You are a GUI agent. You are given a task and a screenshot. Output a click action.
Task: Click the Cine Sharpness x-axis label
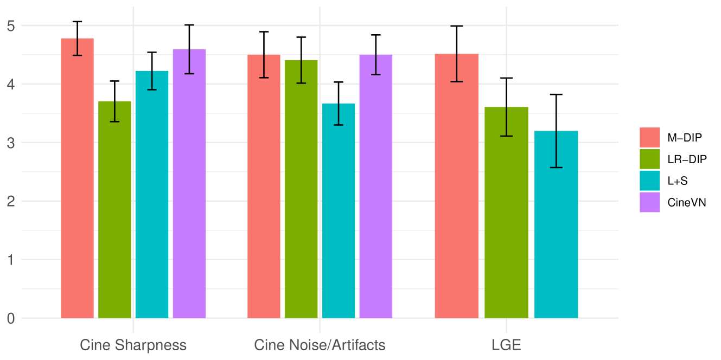pos(133,345)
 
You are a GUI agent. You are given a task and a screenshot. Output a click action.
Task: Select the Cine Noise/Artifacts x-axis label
pos(320,345)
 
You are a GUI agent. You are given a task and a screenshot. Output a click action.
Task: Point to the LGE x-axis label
pos(506,345)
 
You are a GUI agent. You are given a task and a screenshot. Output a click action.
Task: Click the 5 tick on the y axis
pos(11,25)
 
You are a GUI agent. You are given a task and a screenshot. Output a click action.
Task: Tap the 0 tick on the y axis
pos(11,318)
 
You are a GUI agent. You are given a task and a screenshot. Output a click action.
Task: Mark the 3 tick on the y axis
pos(11,143)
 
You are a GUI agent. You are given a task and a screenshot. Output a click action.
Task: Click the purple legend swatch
pos(649,202)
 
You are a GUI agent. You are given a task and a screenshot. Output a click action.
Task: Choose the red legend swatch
pos(649,137)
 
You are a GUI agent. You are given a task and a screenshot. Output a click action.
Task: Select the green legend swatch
pos(649,159)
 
